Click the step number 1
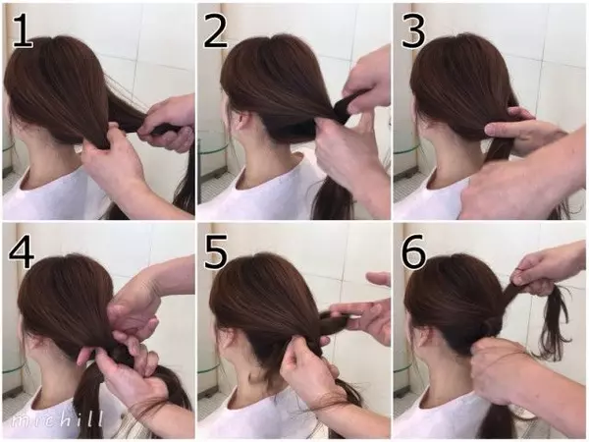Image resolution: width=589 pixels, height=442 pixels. tap(23, 31)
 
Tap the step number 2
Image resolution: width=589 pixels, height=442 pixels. tap(216, 31)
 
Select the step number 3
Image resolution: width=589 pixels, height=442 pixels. tap(413, 31)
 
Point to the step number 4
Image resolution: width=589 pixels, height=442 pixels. tap(22, 251)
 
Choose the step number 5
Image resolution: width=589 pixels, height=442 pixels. tap(216, 251)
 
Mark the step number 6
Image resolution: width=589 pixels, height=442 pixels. tap(413, 251)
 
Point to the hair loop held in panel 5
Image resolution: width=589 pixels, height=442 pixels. tap(334, 322)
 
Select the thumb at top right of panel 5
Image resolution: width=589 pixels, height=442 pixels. tap(378, 279)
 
